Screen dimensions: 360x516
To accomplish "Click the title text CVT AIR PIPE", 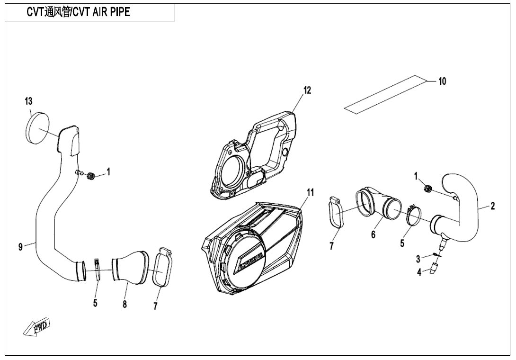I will pos(78,13).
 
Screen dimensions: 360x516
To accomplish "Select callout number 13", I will pos(28,101).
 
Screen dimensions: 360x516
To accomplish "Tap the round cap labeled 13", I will pos(36,127).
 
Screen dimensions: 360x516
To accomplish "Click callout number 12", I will pos(307,90).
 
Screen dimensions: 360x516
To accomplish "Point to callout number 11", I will pos(310,192).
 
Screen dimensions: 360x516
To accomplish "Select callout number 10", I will pos(442,81).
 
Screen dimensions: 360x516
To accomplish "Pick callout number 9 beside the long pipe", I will pos(20,247).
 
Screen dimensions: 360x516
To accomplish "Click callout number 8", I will pos(125,304).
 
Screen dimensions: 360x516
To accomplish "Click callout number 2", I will pos(492,206).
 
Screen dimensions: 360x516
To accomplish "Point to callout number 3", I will pos(418,259).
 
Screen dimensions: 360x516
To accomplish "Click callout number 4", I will pos(419,272).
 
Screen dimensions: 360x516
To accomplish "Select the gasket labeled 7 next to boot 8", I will pos(162,270).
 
